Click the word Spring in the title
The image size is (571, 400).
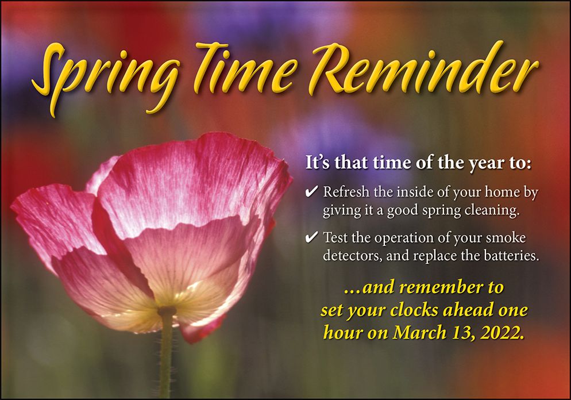pyautogui.click(x=106, y=78)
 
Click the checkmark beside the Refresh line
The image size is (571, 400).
pyautogui.click(x=312, y=191)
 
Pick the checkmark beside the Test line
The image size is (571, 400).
pyautogui.click(x=312, y=237)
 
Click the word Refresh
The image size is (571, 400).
pyautogui.click(x=346, y=191)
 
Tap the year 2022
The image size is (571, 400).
pyautogui.click(x=503, y=333)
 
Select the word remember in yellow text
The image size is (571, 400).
pyautogui.click(x=440, y=287)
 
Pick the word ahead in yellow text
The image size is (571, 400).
pyautogui.click(x=467, y=310)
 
